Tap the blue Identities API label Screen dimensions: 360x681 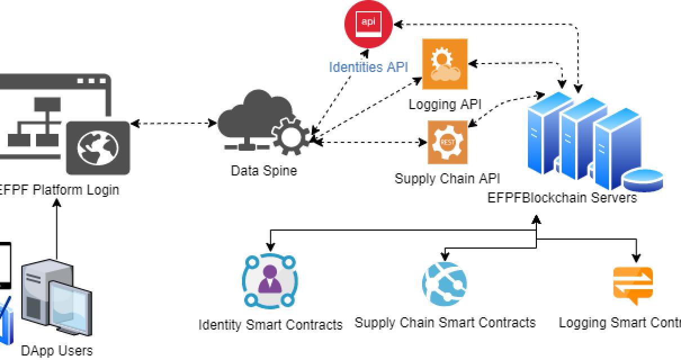tap(368, 67)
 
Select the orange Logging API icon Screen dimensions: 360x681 tap(445, 64)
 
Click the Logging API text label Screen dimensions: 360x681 tap(445, 104)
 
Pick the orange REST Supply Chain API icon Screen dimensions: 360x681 tap(447, 142)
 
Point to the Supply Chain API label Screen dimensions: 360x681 tap(447, 179)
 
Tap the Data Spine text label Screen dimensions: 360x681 tap(263, 170)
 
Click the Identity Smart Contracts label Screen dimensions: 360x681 tap(270, 325)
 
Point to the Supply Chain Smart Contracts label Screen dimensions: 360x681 tap(445, 323)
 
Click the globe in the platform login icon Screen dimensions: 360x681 tap(98, 149)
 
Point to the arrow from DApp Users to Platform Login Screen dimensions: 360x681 tap(56, 231)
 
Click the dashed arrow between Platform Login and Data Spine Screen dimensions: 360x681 tap(174, 123)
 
